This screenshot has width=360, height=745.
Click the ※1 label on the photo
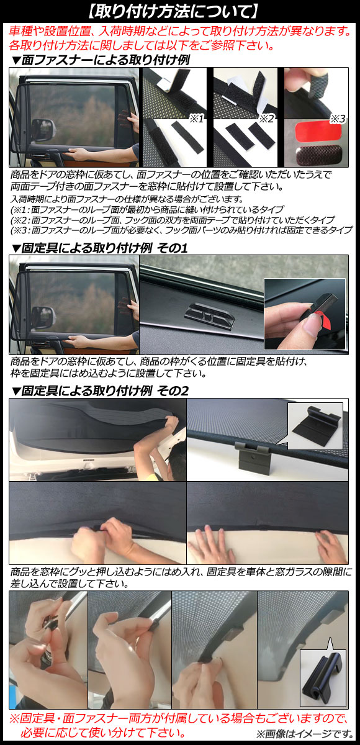(196, 119)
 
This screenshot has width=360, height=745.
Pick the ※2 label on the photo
(268, 119)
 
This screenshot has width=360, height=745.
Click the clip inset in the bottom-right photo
(322, 677)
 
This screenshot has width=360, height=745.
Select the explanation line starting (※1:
(147, 210)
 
